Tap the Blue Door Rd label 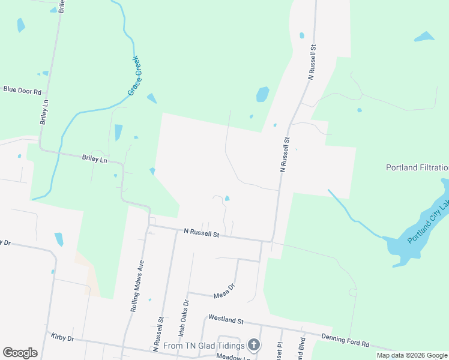click(22, 91)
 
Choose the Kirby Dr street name click(62, 338)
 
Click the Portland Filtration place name click(417, 168)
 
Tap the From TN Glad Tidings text click(204, 346)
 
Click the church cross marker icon click(254, 345)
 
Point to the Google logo click(20, 353)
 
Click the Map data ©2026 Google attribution click(412, 355)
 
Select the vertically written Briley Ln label click(44, 112)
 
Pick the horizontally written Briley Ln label click(94, 159)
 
